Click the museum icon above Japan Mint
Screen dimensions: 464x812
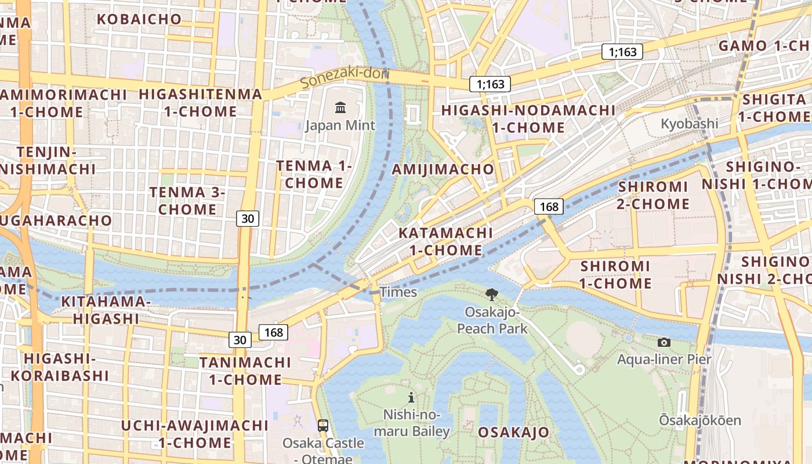pyautogui.click(x=340, y=107)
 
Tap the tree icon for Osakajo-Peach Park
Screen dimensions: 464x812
pyautogui.click(x=492, y=295)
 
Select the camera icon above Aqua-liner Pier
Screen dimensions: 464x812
pyautogui.click(x=664, y=342)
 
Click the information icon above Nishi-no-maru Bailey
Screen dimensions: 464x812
pyautogui.click(x=411, y=397)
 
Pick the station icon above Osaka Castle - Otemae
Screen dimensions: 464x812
pyautogui.click(x=323, y=425)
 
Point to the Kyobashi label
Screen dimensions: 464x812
pyautogui.click(x=690, y=124)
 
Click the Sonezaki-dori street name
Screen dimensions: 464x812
pyautogui.click(x=343, y=78)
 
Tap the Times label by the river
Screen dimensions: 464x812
pyautogui.click(x=398, y=292)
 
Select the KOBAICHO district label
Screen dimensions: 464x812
pyautogui.click(x=139, y=19)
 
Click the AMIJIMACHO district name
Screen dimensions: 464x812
pyautogui.click(x=443, y=169)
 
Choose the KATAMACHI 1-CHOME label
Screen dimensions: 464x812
pyautogui.click(x=445, y=242)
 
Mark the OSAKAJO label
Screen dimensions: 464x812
pyautogui.click(x=513, y=432)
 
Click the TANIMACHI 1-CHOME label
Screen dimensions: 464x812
pyautogui.click(x=245, y=371)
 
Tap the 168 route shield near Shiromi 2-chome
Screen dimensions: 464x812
pyautogui.click(x=549, y=206)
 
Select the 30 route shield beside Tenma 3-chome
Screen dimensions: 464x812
pyautogui.click(x=248, y=219)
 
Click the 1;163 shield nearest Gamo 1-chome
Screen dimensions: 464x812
pyautogui.click(x=622, y=52)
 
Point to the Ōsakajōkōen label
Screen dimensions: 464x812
pyautogui.click(x=699, y=420)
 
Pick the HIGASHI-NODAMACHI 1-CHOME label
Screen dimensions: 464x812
pyautogui.click(x=528, y=119)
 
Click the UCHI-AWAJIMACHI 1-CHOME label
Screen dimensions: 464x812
pyautogui.click(x=195, y=434)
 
